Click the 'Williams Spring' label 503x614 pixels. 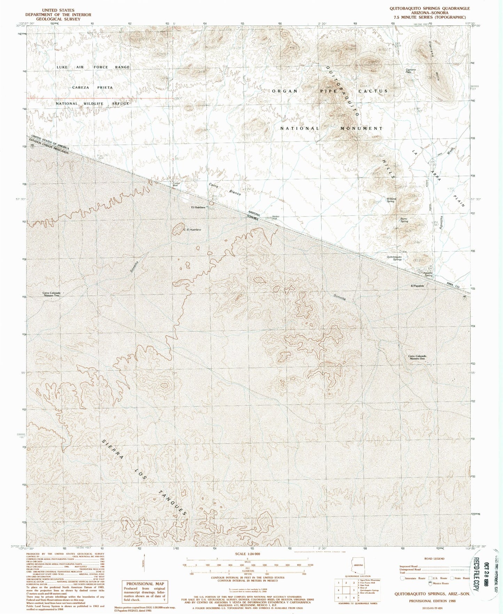pos(391,200)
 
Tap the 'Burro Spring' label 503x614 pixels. pos(404,220)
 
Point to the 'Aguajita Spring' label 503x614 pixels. pos(427,274)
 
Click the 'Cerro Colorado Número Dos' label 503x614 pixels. pos(417,357)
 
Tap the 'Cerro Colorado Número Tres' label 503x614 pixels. pos(52,294)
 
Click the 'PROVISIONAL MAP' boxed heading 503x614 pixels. pos(145,584)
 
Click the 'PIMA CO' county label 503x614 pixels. pos(455,285)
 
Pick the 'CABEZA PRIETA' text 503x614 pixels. pos(93,87)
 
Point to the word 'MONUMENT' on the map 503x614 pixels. pos(361,128)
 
